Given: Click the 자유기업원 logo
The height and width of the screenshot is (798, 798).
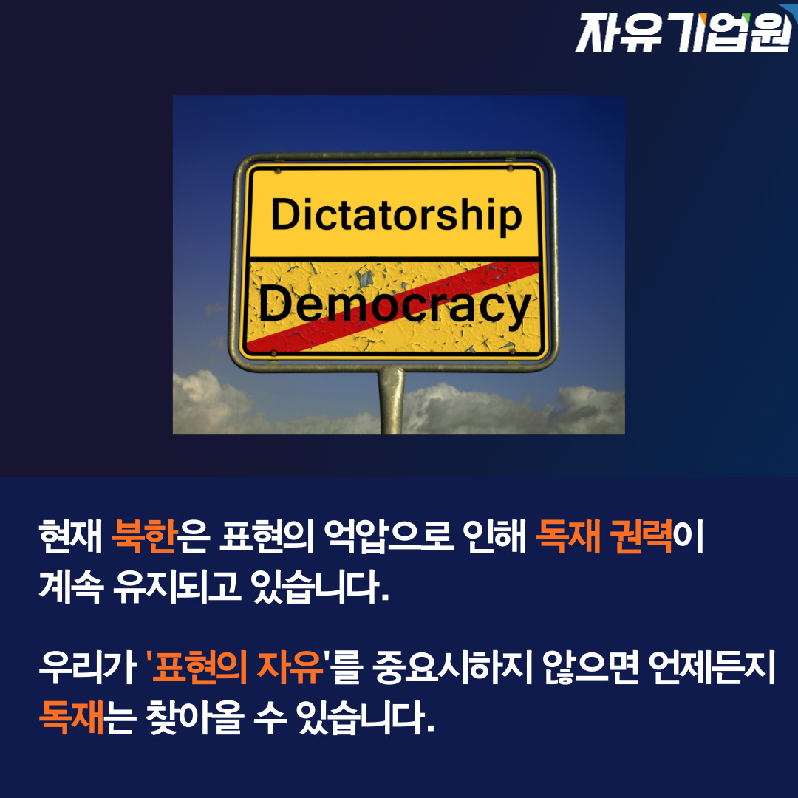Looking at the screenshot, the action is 685,33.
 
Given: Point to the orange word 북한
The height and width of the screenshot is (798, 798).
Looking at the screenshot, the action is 145,536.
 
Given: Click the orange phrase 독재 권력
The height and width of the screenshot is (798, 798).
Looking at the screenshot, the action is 604,536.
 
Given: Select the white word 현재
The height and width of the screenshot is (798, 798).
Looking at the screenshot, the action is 71,536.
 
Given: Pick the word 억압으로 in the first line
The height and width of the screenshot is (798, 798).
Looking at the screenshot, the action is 389,536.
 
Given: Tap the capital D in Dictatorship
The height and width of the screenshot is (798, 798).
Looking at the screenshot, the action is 285,214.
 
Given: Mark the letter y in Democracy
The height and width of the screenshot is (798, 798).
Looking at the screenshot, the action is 520,310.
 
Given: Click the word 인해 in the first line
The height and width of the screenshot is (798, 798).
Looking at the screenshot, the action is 494,536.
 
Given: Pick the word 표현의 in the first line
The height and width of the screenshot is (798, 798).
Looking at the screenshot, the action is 266,536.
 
